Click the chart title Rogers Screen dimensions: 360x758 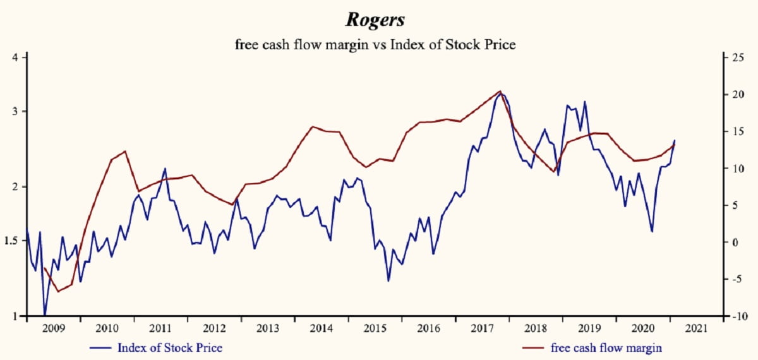click(x=375, y=20)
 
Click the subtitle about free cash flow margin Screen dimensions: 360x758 click(x=375, y=44)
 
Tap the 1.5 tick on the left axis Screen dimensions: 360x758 click(x=13, y=241)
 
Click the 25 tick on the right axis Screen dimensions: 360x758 click(x=738, y=58)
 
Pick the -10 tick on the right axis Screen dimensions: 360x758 click(x=736, y=316)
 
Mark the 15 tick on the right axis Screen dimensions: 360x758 click(x=738, y=132)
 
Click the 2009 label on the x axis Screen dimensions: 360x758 click(x=53, y=329)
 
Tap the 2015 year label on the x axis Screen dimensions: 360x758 click(x=375, y=329)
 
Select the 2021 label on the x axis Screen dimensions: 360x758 click(x=696, y=329)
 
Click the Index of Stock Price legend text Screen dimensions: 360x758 click(x=170, y=347)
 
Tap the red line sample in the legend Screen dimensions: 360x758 click(x=534, y=348)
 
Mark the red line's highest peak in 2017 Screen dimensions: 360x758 click(x=500, y=91)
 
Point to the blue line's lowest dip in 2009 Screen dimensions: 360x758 click(x=44, y=315)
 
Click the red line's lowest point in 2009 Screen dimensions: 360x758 click(x=58, y=292)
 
